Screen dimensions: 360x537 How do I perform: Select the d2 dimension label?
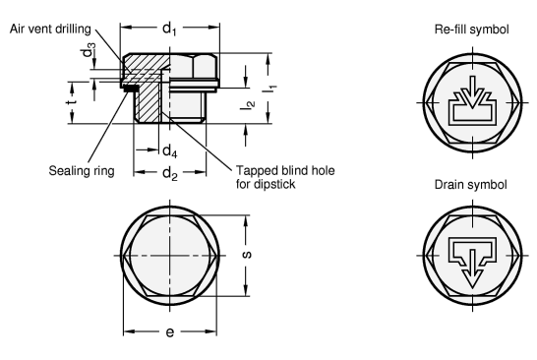coord(169,175)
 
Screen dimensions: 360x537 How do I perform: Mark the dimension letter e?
coord(168,333)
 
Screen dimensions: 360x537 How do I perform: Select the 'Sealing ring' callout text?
coord(82,170)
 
